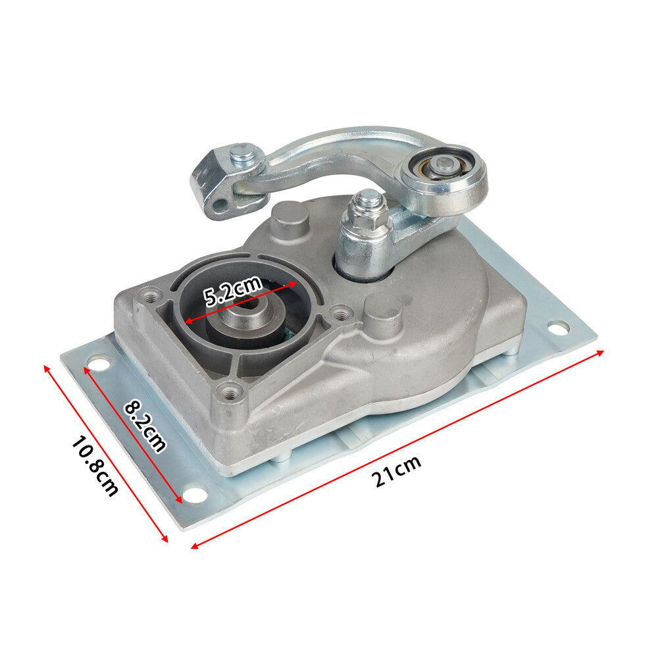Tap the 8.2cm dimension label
point(145,426)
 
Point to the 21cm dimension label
point(397,470)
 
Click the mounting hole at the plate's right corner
point(558,327)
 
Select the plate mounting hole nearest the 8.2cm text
point(195,493)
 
